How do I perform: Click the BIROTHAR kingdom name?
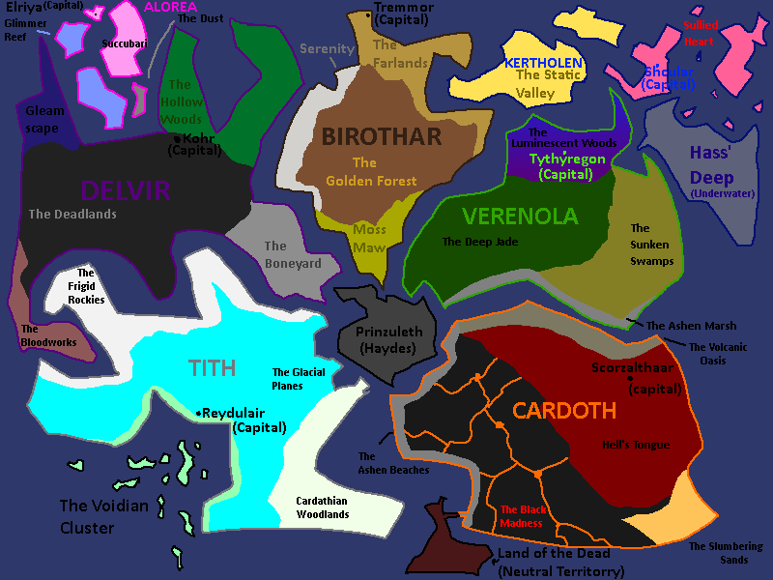pos(382,136)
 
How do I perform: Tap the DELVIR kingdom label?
pos(126,189)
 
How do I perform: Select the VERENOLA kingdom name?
pos(520,216)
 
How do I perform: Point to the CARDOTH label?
pos(564,411)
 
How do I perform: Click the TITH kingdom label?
pos(212,367)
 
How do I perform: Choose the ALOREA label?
pos(170,7)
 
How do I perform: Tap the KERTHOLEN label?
pos(543,63)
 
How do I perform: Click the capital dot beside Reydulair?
pos(198,414)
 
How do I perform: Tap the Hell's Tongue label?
pos(635,445)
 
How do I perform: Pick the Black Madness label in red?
pos(522,516)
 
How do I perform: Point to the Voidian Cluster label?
pos(100,516)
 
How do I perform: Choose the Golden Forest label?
pos(371,172)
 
